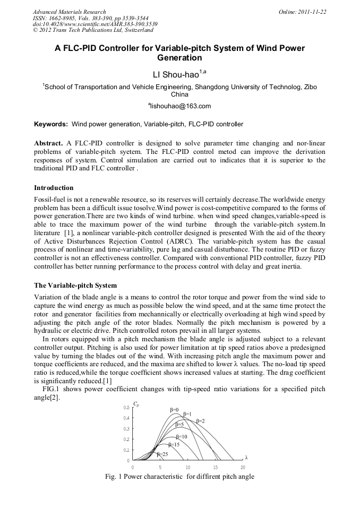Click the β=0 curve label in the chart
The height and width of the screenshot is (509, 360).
pyautogui.click(x=175, y=409)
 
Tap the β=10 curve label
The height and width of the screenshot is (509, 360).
pyautogui.click(x=181, y=436)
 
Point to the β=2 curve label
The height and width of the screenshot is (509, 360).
pyautogui.click(x=200, y=420)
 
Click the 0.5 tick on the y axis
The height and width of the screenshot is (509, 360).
pyautogui.click(x=126, y=407)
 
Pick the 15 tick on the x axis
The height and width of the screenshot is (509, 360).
pyautogui.click(x=215, y=467)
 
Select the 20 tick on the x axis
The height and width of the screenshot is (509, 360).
pyautogui.click(x=243, y=467)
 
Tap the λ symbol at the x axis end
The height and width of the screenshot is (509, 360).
pyautogui.click(x=246, y=458)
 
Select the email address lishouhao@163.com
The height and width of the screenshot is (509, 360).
pyautogui.click(x=179, y=106)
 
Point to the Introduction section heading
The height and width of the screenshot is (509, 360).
pyautogui.click(x=54, y=187)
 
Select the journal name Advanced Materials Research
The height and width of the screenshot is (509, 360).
pyautogui.click(x=69, y=11)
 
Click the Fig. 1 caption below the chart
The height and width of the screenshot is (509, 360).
pyautogui.click(x=180, y=476)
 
